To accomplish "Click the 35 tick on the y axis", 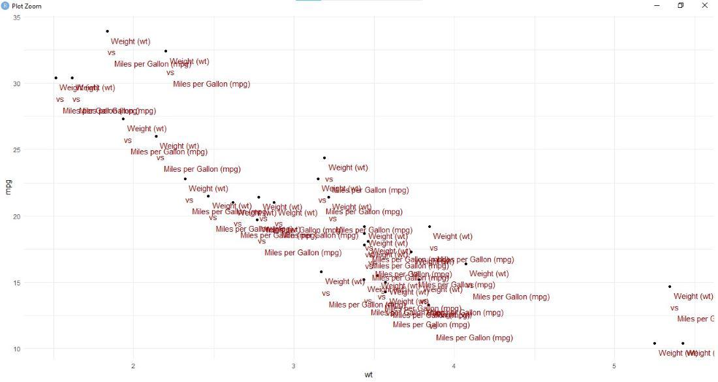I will tap(17, 18).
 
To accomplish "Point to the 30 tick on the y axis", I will tap(17, 84).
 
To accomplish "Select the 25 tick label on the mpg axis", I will tap(17, 150).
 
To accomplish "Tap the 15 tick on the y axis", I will tap(17, 283).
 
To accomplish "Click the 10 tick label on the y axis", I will tap(17, 349).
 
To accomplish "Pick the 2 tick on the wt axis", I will tap(134, 365).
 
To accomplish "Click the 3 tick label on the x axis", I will tap(294, 365).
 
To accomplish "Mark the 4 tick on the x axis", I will tap(454, 365).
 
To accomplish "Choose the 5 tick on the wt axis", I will tap(614, 365).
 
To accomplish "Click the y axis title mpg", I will tap(8, 187).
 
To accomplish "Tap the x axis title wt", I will tap(369, 375).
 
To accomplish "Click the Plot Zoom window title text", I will tap(27, 6).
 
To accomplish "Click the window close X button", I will tap(704, 6).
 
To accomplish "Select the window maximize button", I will tap(680, 6).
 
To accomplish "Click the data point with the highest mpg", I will tap(108, 31).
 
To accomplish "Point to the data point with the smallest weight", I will tap(56, 78).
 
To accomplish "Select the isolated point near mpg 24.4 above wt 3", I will tap(324, 158).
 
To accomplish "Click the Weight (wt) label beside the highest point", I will tap(131, 42).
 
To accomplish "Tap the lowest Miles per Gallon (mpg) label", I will tap(475, 338).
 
